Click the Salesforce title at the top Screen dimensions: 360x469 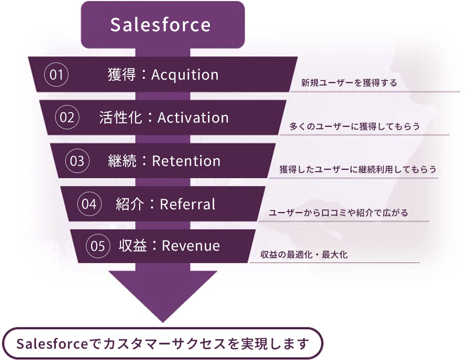coord(160,25)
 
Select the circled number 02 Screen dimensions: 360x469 coord(67,118)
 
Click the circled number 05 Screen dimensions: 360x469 coord(98,246)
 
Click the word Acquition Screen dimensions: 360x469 coord(184,75)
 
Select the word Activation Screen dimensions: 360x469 coord(193,118)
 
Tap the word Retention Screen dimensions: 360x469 coord(186,161)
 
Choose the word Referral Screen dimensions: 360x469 coord(188,204)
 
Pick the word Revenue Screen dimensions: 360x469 coord(191,246)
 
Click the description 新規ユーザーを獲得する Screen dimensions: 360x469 coord(349,83)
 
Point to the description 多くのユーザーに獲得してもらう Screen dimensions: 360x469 coord(354,127)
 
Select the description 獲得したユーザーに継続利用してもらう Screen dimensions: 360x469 coord(358,170)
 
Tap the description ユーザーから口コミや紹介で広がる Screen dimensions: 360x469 coord(338,213)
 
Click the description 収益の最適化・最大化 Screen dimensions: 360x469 coord(304,256)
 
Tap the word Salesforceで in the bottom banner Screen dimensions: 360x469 coord(58,343)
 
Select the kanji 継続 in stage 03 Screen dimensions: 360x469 coord(122,161)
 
